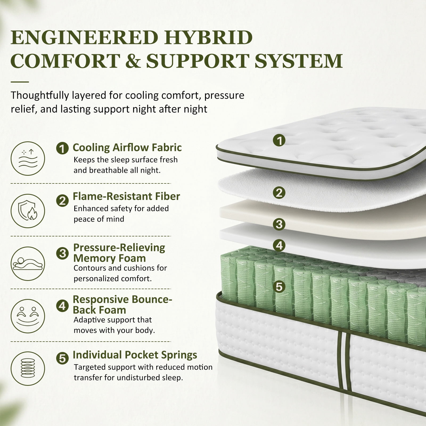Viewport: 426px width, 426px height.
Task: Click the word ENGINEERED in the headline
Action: click(x=84, y=38)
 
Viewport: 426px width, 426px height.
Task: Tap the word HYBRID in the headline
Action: click(x=208, y=38)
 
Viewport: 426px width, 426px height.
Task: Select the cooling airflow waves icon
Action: click(x=28, y=158)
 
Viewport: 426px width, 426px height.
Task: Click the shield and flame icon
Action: click(x=28, y=211)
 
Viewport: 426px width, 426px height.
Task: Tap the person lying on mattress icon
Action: click(x=28, y=264)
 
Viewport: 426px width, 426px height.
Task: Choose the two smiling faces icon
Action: click(x=28, y=316)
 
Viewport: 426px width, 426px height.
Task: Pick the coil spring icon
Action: click(x=28, y=368)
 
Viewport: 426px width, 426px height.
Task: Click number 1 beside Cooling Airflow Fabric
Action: click(x=63, y=148)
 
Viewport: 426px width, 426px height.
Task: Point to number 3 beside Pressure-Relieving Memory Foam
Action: click(x=63, y=253)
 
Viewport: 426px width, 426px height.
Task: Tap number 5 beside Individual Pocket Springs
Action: click(x=63, y=358)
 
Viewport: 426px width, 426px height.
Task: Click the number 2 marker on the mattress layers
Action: click(x=279, y=193)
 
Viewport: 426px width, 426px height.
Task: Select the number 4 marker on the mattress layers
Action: click(x=279, y=245)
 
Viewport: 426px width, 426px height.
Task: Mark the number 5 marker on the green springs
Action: click(x=279, y=287)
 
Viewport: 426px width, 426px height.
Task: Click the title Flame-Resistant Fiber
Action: click(x=126, y=196)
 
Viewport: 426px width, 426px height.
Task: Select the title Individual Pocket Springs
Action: click(x=135, y=355)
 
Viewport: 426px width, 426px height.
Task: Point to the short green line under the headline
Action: click(x=20, y=82)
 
